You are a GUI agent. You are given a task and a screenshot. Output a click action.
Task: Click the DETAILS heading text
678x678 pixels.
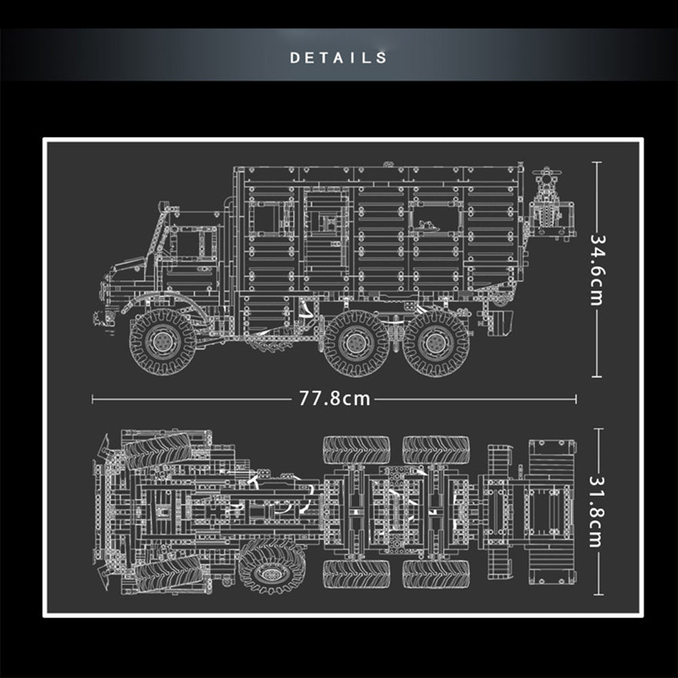338,58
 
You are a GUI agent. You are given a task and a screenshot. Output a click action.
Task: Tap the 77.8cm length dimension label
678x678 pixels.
335,399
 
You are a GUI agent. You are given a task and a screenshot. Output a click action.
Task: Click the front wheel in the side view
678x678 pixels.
163,342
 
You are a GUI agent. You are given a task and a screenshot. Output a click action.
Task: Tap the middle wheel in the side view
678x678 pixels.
357,343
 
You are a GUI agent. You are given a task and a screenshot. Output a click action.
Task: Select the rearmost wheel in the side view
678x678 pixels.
435,343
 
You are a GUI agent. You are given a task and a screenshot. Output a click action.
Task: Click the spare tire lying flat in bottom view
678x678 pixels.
272,567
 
